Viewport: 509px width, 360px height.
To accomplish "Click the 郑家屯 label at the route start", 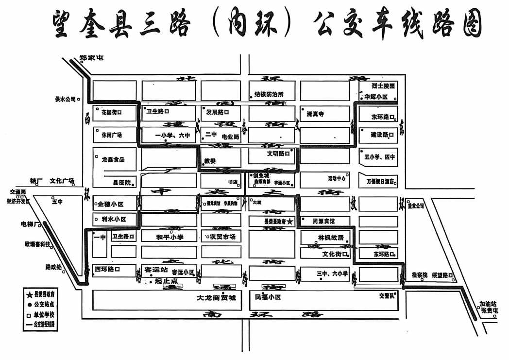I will click(x=92, y=58).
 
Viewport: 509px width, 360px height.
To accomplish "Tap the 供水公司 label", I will click(x=66, y=99).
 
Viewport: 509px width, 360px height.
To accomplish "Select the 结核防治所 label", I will click(x=269, y=95).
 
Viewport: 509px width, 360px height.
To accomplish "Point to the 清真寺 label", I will click(x=315, y=114).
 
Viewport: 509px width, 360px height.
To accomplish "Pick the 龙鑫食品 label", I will click(x=113, y=160).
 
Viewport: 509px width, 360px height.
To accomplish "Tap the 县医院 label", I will click(x=122, y=183).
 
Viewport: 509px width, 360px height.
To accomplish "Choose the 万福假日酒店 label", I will click(x=379, y=182).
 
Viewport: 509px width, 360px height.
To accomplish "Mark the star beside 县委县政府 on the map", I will click(x=290, y=222).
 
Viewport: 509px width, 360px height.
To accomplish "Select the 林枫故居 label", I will click(x=331, y=238).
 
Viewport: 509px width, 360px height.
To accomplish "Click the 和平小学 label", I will click(x=169, y=238).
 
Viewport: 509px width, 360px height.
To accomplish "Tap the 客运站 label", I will click(x=156, y=269).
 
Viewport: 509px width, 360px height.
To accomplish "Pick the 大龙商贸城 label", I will click(x=216, y=297).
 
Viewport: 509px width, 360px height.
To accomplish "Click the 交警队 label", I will click(x=389, y=295).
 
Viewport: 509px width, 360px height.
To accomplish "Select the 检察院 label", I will click(x=419, y=275).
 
